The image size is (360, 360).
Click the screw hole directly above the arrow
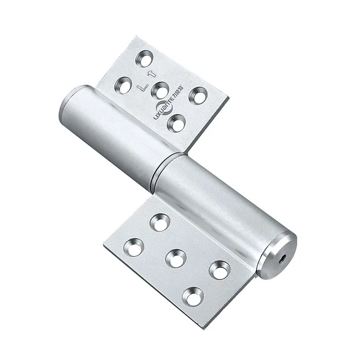(x=145, y=58)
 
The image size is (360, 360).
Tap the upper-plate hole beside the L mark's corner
(x=124, y=85)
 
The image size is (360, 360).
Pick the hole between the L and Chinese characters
(x=160, y=90)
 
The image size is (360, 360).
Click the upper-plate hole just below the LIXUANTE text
(x=176, y=123)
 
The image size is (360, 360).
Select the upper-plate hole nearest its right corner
(x=198, y=95)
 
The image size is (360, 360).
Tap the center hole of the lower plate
(x=175, y=257)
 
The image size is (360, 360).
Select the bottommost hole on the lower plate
(x=193, y=296)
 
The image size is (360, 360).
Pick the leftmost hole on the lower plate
(x=134, y=247)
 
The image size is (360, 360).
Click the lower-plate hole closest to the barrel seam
(x=160, y=222)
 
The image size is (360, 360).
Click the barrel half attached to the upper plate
(x=112, y=135)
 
